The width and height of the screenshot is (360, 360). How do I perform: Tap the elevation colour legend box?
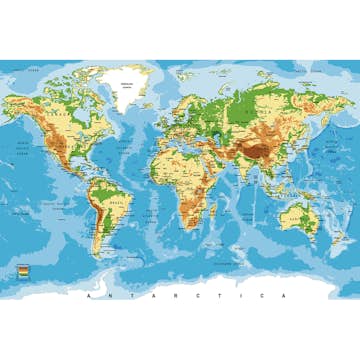pyautogui.click(x=22, y=271)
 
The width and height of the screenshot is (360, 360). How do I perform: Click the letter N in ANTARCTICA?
pyautogui.click(x=110, y=296)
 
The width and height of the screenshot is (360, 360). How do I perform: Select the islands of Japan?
pyautogui.click(x=307, y=145)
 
